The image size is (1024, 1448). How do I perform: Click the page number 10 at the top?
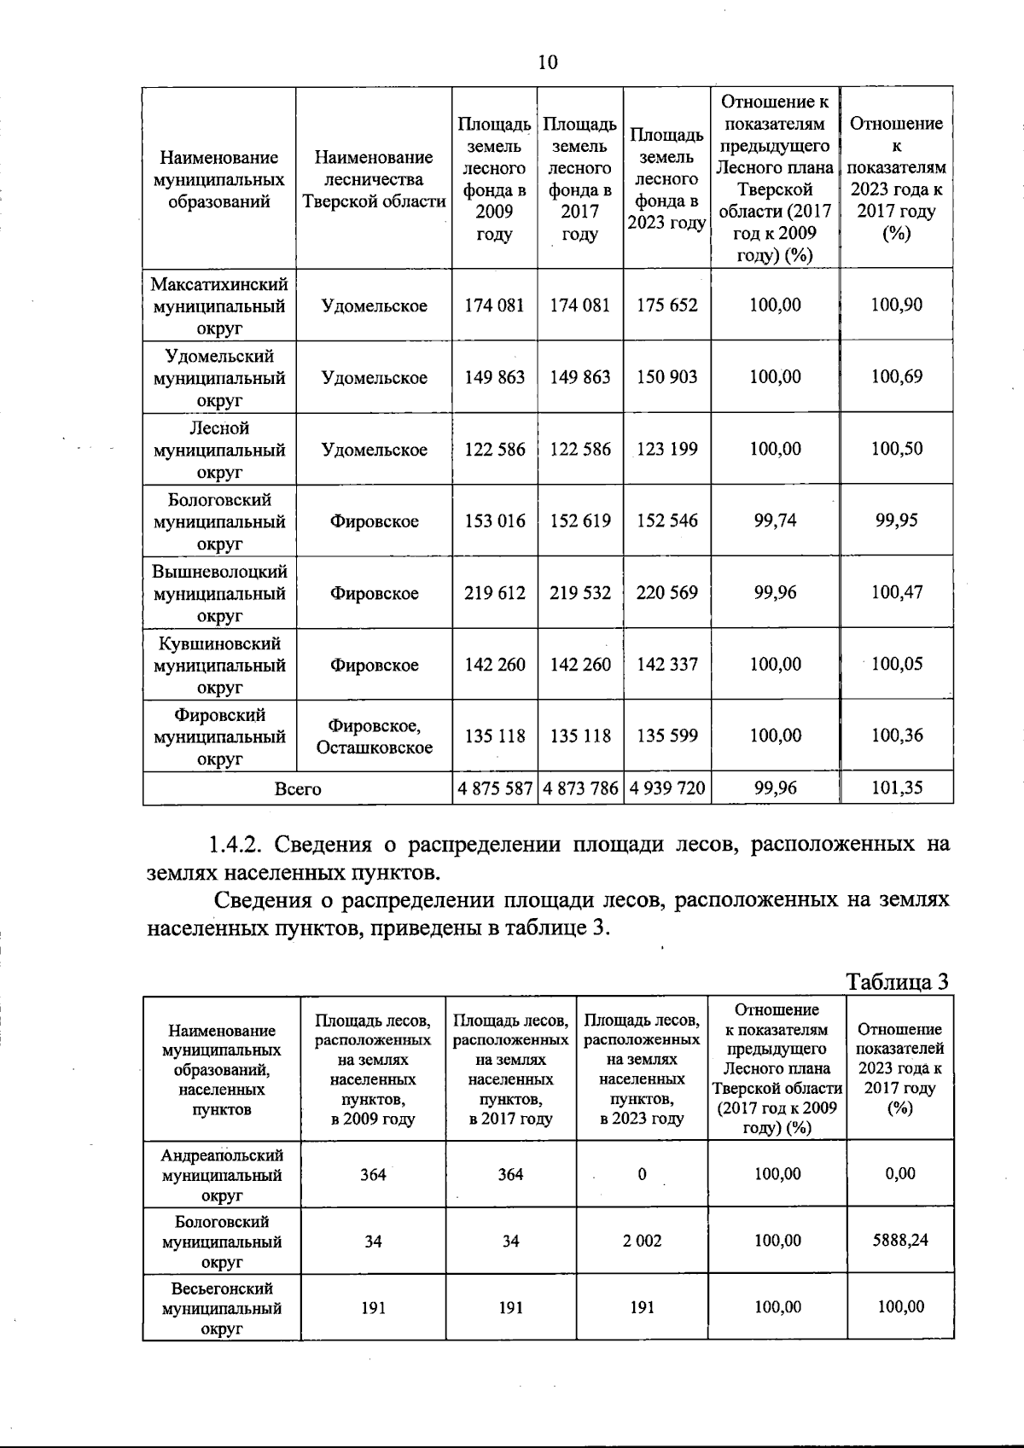(x=548, y=62)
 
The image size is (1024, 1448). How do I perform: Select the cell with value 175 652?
(x=666, y=305)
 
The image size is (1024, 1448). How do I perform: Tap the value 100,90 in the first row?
(x=896, y=305)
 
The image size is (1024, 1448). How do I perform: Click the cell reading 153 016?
(x=494, y=521)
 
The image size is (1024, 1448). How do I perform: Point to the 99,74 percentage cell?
(x=775, y=520)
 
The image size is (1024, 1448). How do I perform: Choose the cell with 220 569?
(x=666, y=593)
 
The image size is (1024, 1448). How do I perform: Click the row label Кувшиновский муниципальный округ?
(x=219, y=665)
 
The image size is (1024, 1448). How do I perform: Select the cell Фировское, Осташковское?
(x=374, y=736)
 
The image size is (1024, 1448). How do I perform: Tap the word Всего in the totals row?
(x=298, y=789)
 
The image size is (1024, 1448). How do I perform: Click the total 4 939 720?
(x=666, y=789)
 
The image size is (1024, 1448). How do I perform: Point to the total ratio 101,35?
(x=896, y=788)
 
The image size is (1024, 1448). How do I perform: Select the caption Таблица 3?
(x=897, y=982)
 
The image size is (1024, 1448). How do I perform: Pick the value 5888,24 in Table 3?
(x=899, y=1241)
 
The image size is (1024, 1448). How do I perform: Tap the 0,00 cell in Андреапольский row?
(x=899, y=1174)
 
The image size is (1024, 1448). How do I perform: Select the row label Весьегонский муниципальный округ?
(x=221, y=1308)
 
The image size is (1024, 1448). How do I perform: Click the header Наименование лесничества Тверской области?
(x=374, y=179)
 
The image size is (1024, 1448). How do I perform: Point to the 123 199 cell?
(x=666, y=450)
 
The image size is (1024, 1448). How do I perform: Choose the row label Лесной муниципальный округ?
(x=219, y=450)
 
